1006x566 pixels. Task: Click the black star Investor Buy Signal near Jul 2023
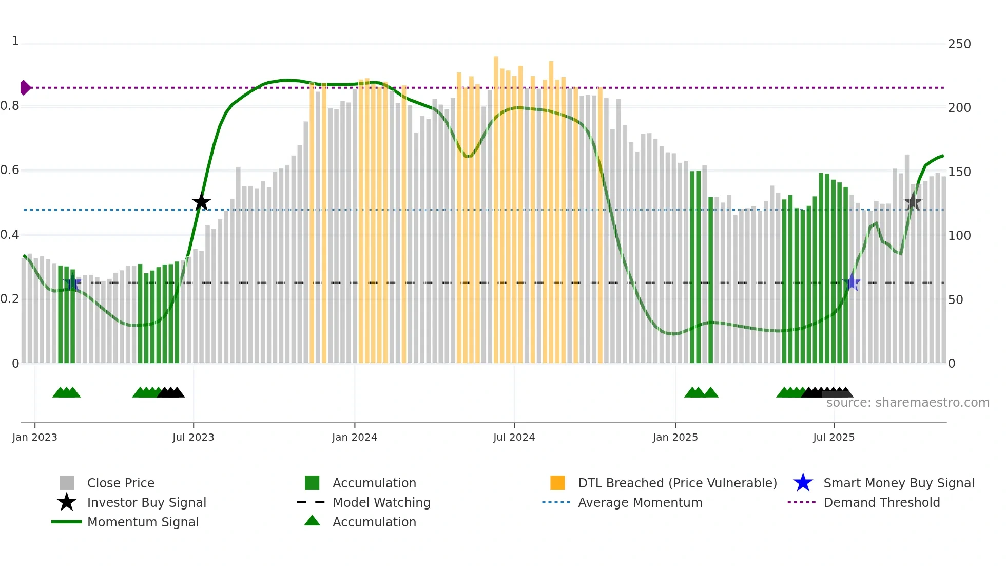pyautogui.click(x=201, y=202)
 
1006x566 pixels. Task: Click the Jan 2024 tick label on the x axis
pyautogui.click(x=354, y=437)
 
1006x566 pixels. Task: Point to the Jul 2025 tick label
pyautogui.click(x=834, y=437)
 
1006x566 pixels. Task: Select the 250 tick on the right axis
pyautogui.click(x=959, y=44)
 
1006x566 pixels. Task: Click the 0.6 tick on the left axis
pyautogui.click(x=10, y=170)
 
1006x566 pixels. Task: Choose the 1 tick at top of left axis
pyautogui.click(x=15, y=41)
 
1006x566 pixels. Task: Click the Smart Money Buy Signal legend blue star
pyautogui.click(x=803, y=483)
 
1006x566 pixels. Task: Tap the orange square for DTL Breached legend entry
pyautogui.click(x=557, y=483)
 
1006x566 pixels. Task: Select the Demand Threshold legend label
pyautogui.click(x=881, y=502)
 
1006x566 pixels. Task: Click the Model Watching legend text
pyautogui.click(x=381, y=502)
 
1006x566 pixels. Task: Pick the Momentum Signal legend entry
pyautogui.click(x=143, y=522)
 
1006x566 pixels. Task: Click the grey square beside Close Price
pyautogui.click(x=67, y=483)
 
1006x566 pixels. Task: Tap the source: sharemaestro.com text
pyautogui.click(x=907, y=403)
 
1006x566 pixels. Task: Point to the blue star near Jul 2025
pyautogui.click(x=852, y=282)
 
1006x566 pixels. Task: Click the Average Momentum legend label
pyautogui.click(x=640, y=502)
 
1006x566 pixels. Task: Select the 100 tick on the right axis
pyautogui.click(x=959, y=236)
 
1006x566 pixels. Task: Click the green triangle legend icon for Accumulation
pyautogui.click(x=312, y=521)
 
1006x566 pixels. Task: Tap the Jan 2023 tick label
pyautogui.click(x=34, y=437)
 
